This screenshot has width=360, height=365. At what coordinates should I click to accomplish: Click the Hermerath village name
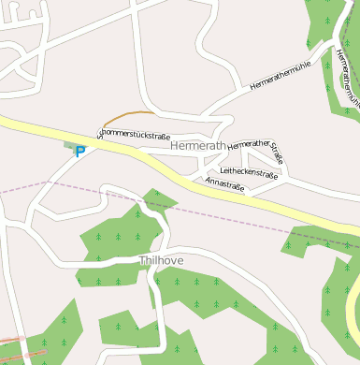click(x=199, y=147)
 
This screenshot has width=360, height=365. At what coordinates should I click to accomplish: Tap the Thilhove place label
click(x=161, y=260)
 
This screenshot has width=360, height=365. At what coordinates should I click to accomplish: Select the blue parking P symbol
click(x=80, y=151)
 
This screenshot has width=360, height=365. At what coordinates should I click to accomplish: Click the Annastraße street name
click(x=224, y=183)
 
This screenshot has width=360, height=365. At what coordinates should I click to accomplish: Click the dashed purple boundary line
click(x=56, y=185)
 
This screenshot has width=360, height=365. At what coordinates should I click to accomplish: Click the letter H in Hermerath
click(x=175, y=147)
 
